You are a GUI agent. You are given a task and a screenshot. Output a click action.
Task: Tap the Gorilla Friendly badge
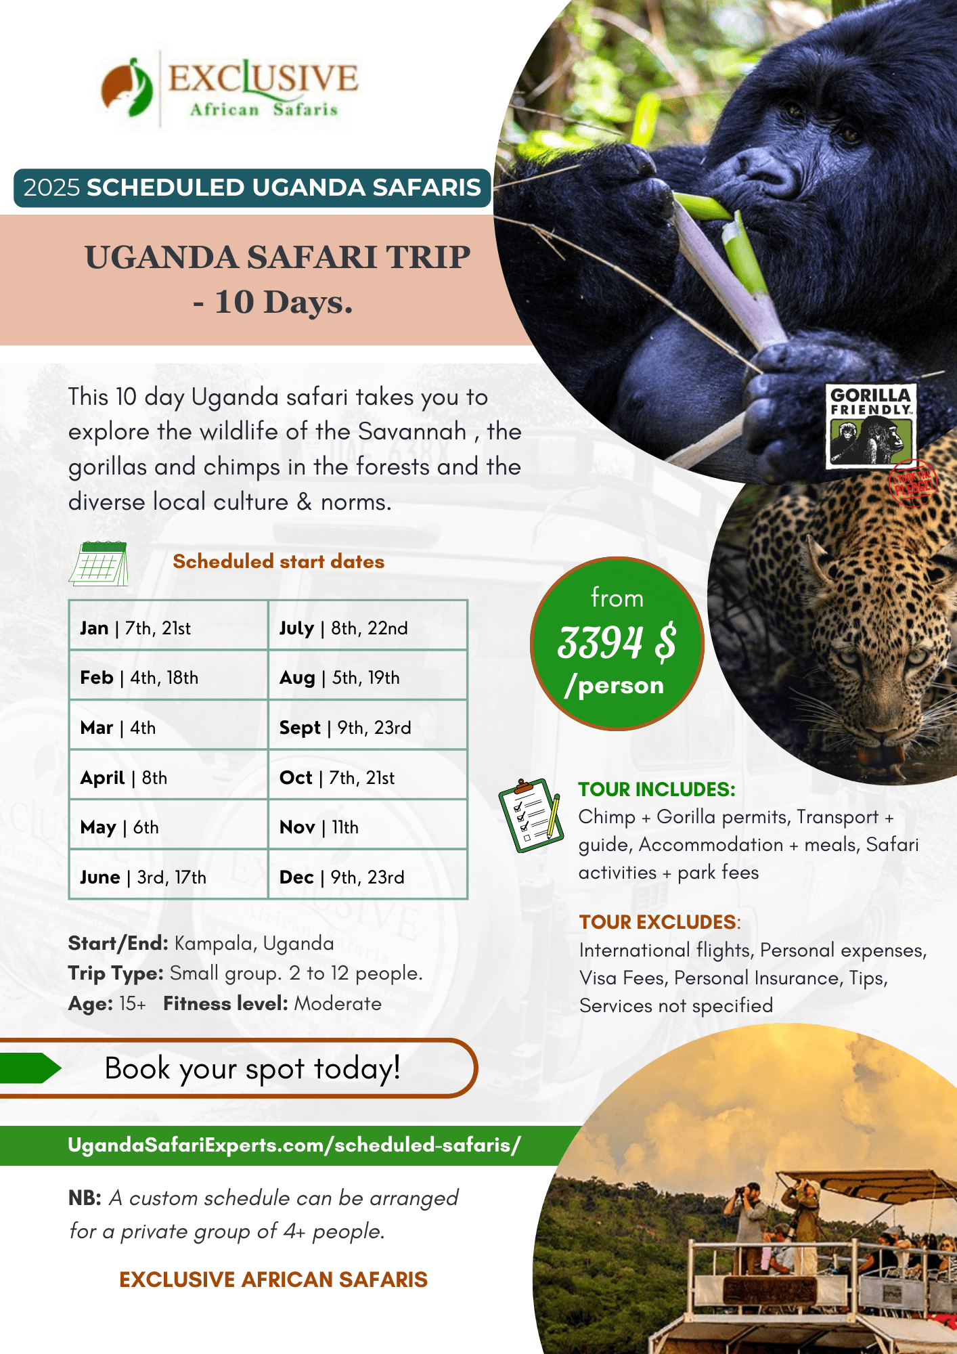[871, 426]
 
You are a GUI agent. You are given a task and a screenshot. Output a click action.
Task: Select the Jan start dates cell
[169, 628]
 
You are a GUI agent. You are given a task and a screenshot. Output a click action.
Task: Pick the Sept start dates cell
[368, 728]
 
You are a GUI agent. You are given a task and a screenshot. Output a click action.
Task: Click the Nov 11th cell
[368, 827]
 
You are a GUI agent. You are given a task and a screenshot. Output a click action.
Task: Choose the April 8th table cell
[169, 777]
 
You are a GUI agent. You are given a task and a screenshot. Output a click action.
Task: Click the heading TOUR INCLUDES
[656, 789]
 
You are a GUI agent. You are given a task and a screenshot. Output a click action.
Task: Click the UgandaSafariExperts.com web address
[294, 1145]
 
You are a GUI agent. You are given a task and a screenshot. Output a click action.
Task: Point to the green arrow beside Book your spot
[30, 1068]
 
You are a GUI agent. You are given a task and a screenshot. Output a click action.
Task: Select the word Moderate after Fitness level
[338, 1003]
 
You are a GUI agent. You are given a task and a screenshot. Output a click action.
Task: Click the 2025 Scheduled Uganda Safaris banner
[252, 188]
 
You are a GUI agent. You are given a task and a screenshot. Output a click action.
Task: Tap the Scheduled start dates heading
[278, 561]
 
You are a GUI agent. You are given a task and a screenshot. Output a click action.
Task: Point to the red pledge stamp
[912, 483]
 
